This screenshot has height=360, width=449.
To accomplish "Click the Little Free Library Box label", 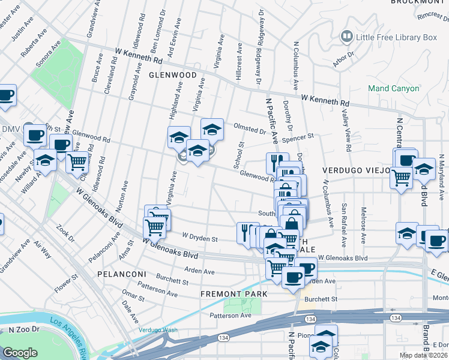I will tap(396, 37).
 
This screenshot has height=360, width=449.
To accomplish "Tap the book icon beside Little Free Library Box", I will tap(346, 37).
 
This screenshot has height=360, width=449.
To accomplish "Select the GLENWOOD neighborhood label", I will tap(173, 75).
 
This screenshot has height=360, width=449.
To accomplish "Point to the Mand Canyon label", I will tap(393, 88).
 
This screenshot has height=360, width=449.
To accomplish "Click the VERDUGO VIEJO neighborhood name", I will tap(358, 170).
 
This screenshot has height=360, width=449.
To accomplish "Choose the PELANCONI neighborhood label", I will tap(118, 274).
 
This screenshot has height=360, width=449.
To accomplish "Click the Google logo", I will tap(20, 353).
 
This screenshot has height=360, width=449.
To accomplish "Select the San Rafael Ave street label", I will tap(344, 224).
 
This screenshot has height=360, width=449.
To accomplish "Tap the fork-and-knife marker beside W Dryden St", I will tap(246, 232).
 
